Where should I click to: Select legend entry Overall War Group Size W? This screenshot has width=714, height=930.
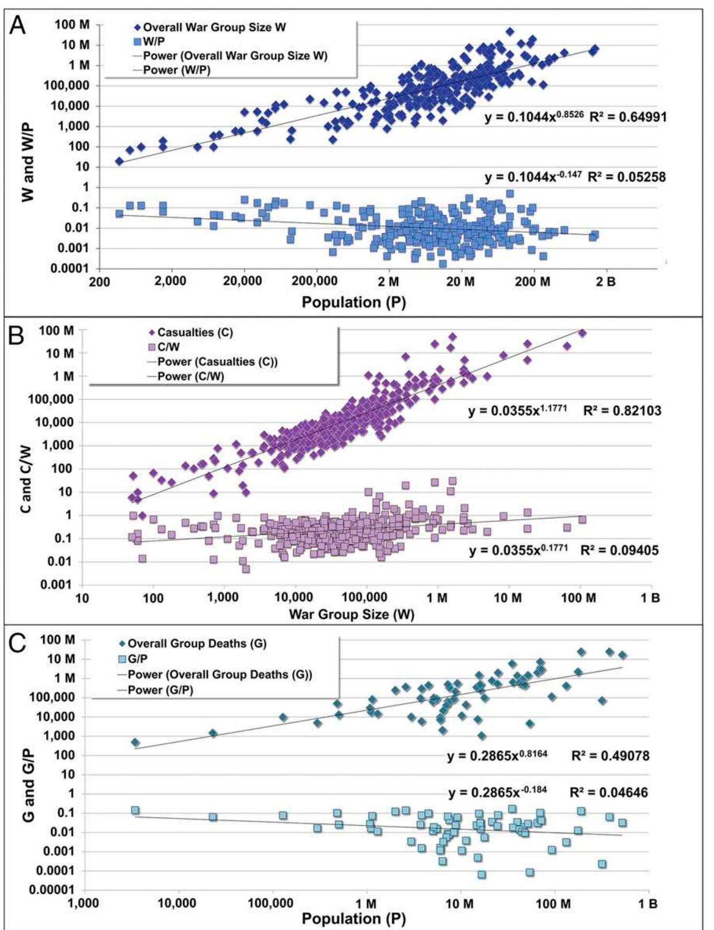coord(215,27)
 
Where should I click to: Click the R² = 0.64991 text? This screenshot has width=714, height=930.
coord(628,117)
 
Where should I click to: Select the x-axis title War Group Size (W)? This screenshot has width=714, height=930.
coord(351,614)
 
